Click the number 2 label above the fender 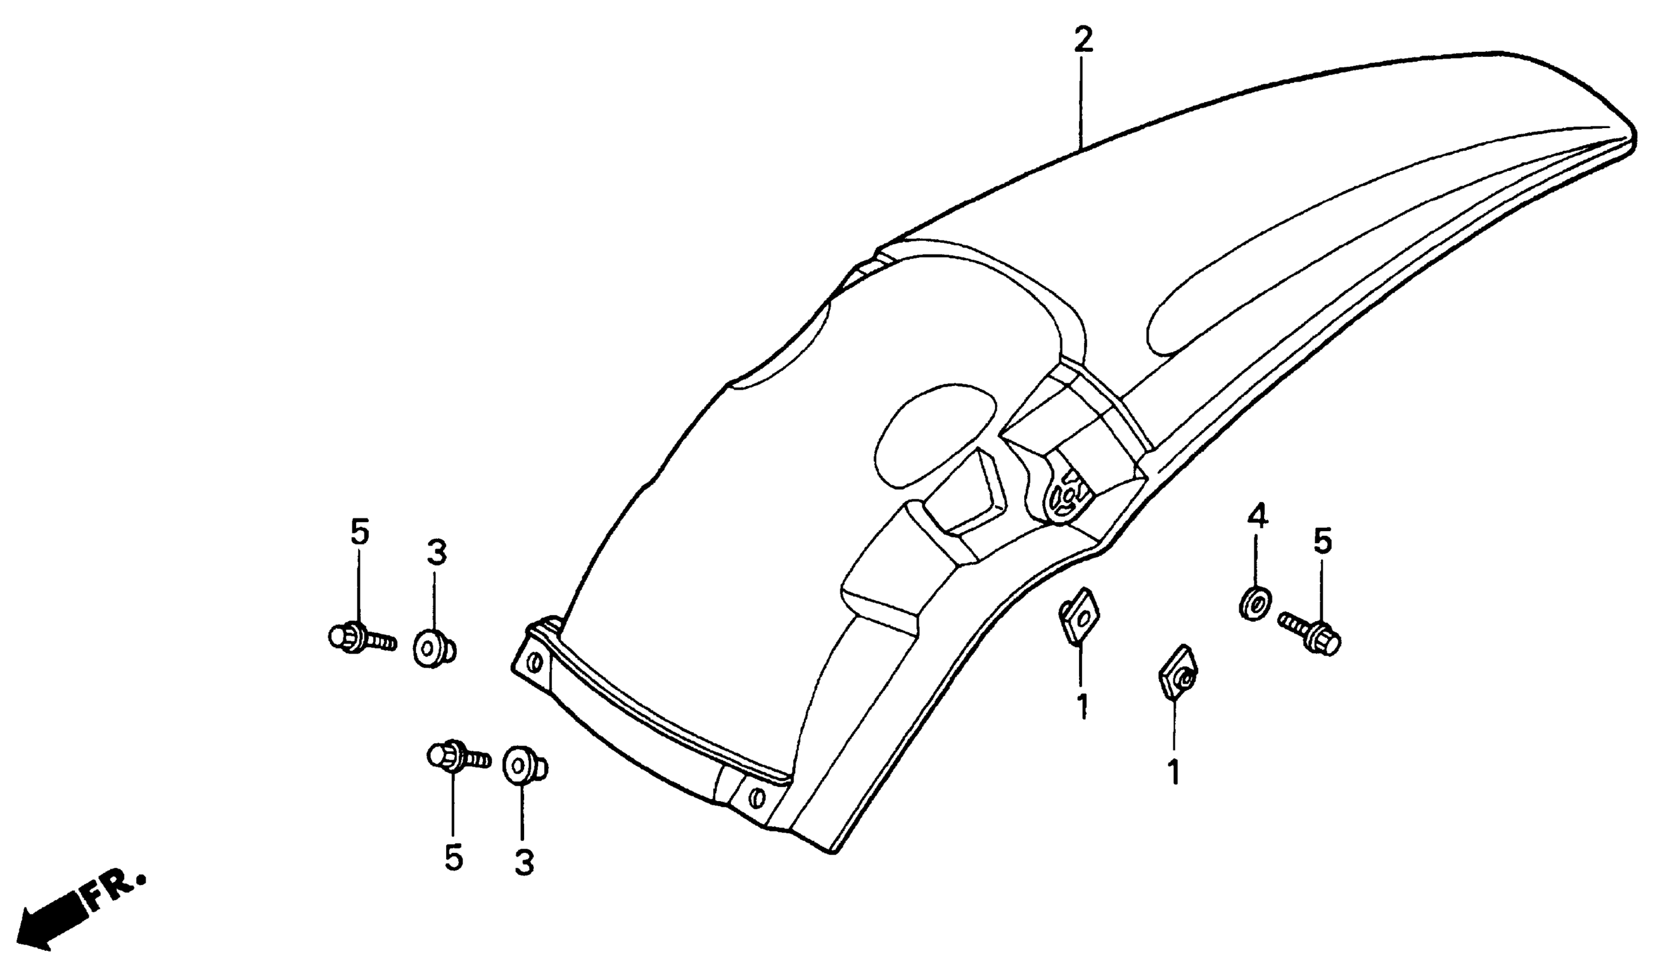1082,40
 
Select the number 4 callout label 1257,517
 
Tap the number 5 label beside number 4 1322,542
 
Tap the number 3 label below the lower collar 524,862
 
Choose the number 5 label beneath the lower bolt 453,857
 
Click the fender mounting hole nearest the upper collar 535,661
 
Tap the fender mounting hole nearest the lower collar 758,799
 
